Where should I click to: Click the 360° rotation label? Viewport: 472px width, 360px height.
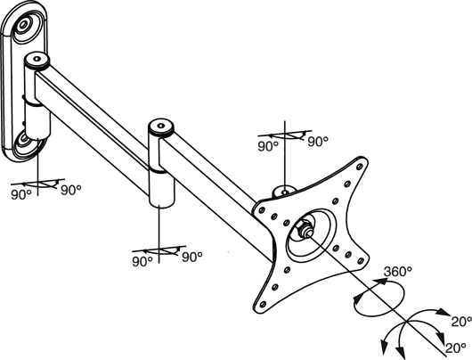[398, 272]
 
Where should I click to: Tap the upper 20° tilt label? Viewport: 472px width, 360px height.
[461, 322]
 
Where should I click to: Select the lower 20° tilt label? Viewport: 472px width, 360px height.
[456, 348]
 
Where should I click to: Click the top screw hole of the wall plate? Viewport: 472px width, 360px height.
[23, 24]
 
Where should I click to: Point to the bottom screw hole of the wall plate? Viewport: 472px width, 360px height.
[22, 140]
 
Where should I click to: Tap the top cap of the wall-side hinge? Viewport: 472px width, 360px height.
[37, 61]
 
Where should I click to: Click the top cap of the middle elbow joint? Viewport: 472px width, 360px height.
[161, 127]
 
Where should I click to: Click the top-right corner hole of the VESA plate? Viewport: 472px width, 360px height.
[359, 167]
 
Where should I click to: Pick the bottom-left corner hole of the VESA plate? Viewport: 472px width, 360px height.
[263, 304]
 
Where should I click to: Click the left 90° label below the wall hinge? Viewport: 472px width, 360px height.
[21, 195]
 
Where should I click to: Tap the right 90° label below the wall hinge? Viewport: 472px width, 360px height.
[71, 190]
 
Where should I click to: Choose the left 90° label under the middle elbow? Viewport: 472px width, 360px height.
[142, 261]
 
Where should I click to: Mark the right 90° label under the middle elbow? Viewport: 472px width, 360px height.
[192, 257]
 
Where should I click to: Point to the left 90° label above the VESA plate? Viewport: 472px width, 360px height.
[268, 146]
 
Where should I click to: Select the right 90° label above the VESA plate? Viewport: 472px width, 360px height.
[318, 142]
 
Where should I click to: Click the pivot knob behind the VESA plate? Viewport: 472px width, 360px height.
[284, 192]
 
